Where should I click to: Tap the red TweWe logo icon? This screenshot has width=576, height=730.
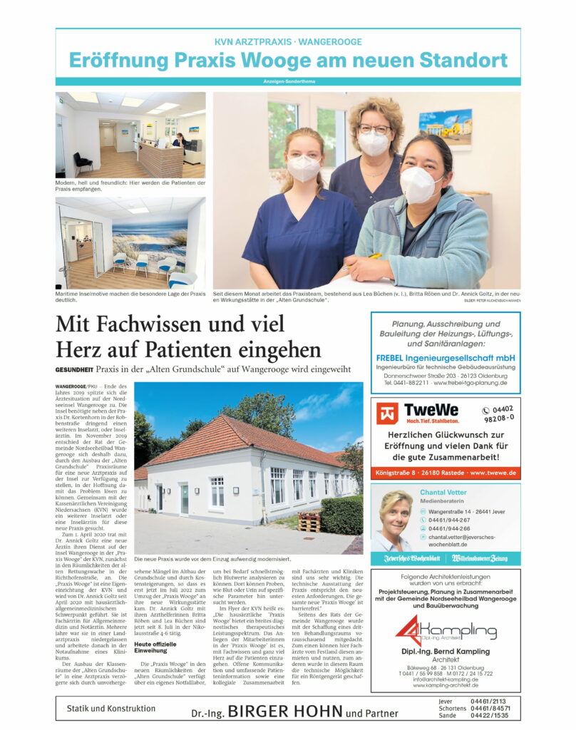click(x=388, y=413)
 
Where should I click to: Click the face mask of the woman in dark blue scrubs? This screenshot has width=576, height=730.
click(x=304, y=168)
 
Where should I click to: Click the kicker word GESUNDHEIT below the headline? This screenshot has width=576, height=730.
click(x=75, y=369)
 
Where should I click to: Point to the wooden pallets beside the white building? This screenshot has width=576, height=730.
click(x=309, y=523)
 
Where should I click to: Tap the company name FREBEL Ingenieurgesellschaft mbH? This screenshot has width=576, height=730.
click(x=446, y=357)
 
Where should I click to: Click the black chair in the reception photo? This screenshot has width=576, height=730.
click(x=83, y=162)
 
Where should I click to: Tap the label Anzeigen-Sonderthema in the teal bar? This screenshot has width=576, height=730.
click(x=287, y=81)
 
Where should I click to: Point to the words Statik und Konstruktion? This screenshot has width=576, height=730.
click(x=110, y=709)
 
